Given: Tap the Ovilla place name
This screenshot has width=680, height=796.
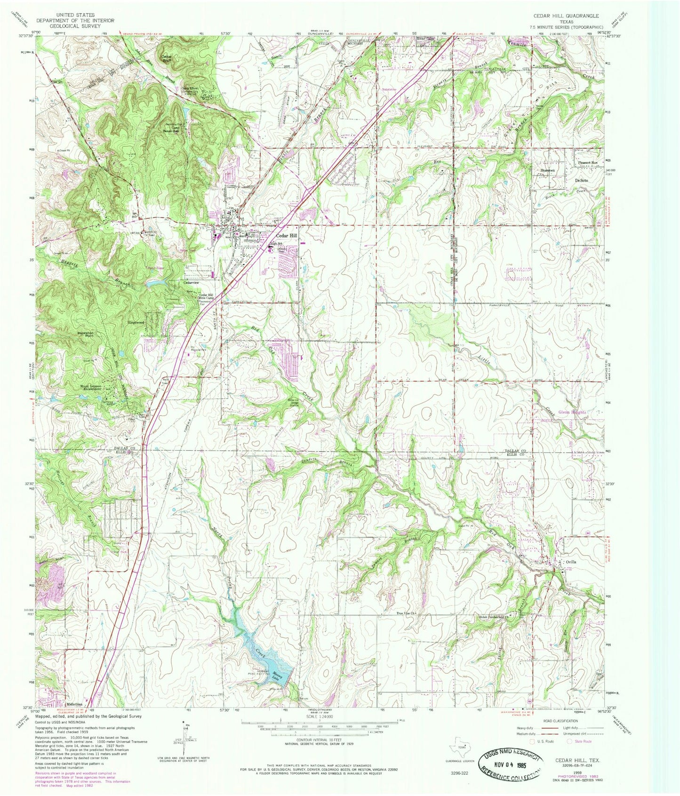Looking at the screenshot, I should [x=571, y=562].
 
